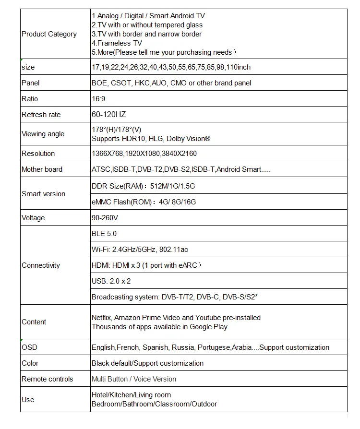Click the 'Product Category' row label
pyautogui.click(x=49, y=34)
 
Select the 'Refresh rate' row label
pyautogui.click(x=41, y=115)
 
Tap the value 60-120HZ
pyautogui.click(x=109, y=115)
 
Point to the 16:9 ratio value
pyautogui.click(x=98, y=99)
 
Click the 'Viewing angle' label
pyautogui.click(x=43, y=134)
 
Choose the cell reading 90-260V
pyautogui.click(x=105, y=218)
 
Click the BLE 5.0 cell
pyautogui.click(x=104, y=234)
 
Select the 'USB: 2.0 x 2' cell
pyautogui.click(x=111, y=281)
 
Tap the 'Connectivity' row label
pyautogui.click(x=41, y=265)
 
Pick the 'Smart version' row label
pyautogui.click(x=43, y=194)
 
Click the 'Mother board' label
pyautogui.click(x=42, y=169)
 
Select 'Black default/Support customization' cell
pyautogui.click(x=147, y=363)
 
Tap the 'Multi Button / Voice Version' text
pyautogui.click(x=134, y=379)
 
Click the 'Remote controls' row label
pyautogui.click(x=48, y=379)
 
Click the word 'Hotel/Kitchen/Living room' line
pyautogui.click(x=131, y=395)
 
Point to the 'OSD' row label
pyautogui.click(x=29, y=347)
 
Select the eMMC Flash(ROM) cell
pyautogui.click(x=144, y=202)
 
